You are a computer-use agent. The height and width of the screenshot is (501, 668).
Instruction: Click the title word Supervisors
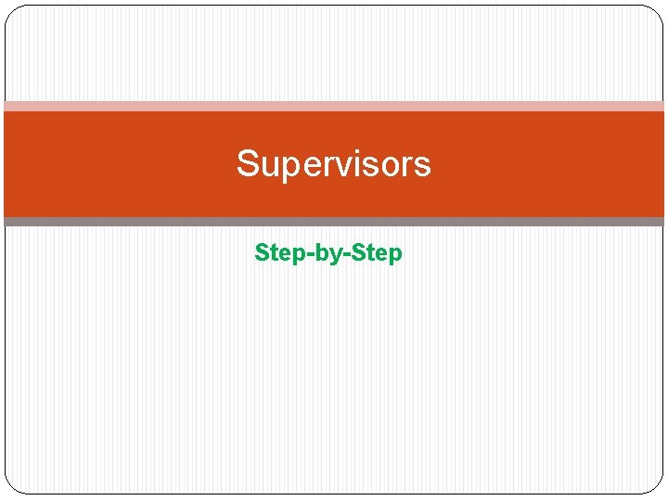(333, 164)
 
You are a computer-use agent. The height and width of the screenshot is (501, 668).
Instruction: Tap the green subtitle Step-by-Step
(328, 252)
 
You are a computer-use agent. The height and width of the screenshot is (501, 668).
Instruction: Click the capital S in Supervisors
(248, 164)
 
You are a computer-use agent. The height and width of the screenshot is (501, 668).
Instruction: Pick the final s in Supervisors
(423, 166)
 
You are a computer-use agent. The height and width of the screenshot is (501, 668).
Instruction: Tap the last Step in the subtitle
(380, 252)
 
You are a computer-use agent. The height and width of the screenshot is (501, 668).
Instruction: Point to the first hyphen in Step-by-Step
(305, 254)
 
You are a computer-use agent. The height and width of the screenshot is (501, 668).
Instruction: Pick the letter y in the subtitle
(336, 255)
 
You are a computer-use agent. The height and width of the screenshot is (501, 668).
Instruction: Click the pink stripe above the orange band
(334, 106)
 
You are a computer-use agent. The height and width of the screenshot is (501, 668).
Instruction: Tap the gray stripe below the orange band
(334, 222)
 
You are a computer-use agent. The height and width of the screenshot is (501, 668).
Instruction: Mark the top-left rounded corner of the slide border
(11, 11)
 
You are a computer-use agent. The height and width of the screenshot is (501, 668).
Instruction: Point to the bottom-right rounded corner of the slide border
(658, 487)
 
